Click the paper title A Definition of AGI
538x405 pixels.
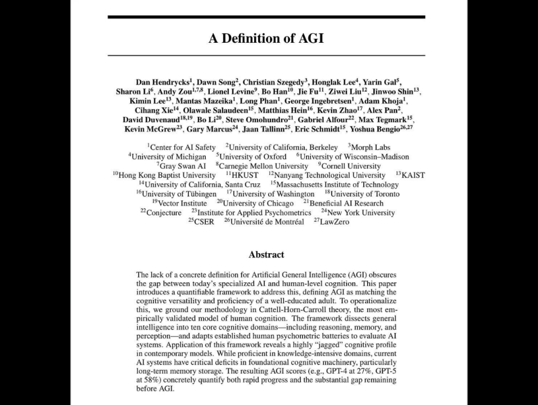pos(266,38)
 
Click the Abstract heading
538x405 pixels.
pos(266,254)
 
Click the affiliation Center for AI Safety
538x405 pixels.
pos(183,147)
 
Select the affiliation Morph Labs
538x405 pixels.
pos(370,147)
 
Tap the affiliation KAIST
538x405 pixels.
pos(413,175)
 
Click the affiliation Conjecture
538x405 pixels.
pos(164,213)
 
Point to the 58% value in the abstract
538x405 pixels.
pos(146,380)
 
